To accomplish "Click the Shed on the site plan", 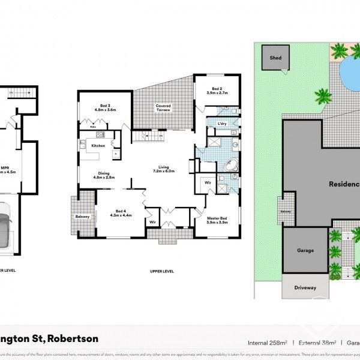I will pyautogui.click(x=275, y=58).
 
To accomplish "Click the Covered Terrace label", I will pyautogui.click(x=163, y=107).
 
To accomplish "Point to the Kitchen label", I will pyautogui.click(x=98, y=146).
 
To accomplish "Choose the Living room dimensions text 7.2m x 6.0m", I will pyautogui.click(x=163, y=171).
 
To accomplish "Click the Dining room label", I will pyautogui.click(x=104, y=174).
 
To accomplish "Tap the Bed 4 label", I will pyautogui.click(x=121, y=211).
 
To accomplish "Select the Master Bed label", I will pyautogui.click(x=216, y=218).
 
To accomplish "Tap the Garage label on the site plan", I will pyautogui.click(x=305, y=250).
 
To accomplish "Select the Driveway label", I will pyautogui.click(x=305, y=287).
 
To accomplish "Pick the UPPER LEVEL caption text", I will pyautogui.click(x=162, y=271).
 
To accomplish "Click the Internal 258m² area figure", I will pyautogui.click(x=267, y=343).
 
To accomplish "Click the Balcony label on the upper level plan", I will pyautogui.click(x=82, y=217).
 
